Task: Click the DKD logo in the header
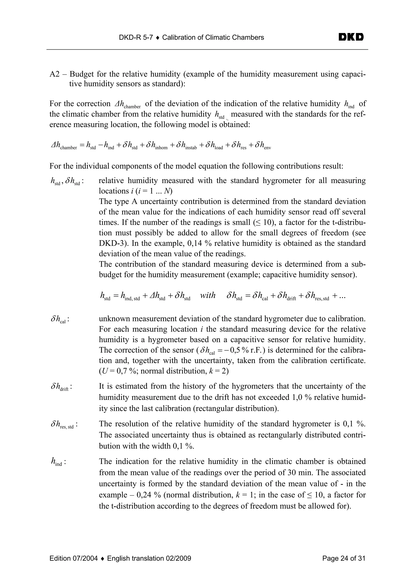(x=351, y=37)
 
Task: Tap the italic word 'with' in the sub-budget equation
(x=208, y=296)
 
